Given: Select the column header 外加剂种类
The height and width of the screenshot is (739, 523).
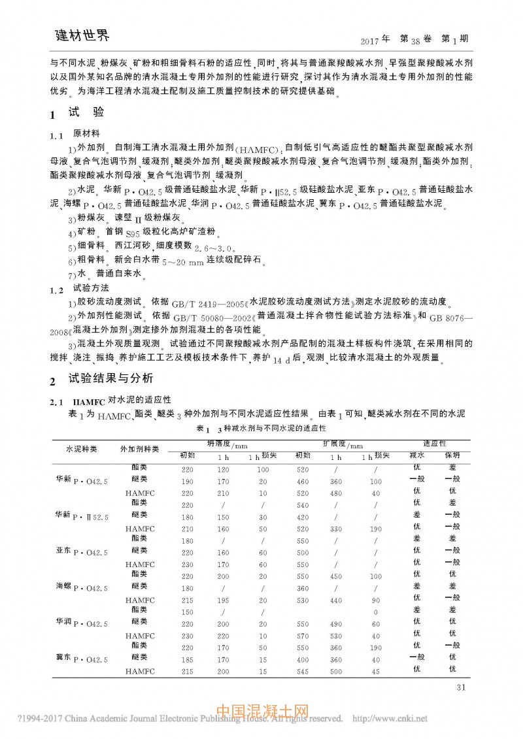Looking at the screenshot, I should point(139,450).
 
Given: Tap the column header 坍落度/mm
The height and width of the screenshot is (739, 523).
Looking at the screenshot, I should point(222,444).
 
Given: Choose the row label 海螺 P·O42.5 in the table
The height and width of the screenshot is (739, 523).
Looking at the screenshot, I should point(82,587).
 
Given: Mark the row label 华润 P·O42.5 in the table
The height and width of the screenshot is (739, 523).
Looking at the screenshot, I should point(82,623).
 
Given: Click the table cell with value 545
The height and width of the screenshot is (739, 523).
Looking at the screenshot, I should point(302,671).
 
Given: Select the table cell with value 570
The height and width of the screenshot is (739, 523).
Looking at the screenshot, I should point(302,635).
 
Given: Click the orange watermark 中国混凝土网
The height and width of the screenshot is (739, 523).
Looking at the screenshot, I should point(261,711).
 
